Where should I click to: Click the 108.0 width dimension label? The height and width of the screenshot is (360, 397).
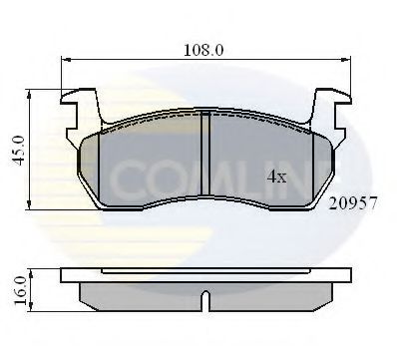coord(205,45)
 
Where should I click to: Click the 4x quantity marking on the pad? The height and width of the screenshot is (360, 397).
coord(276,178)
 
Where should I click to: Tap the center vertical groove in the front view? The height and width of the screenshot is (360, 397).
coord(203,160)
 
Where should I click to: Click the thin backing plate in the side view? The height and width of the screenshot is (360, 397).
coord(203,276)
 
